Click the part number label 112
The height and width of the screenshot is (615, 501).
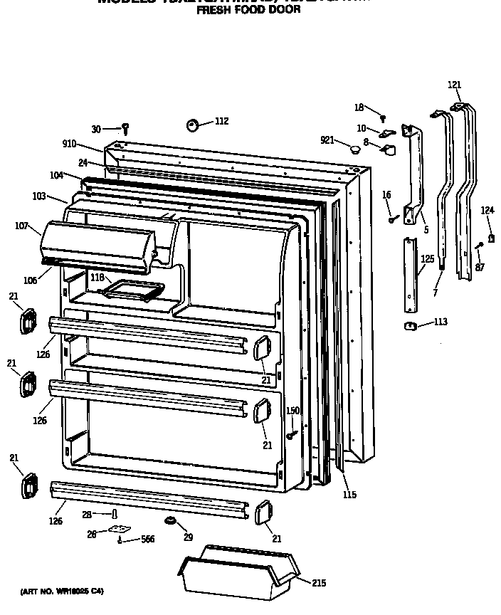click(x=221, y=121)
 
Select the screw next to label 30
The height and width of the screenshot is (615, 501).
click(x=125, y=129)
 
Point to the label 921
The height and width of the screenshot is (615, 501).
click(x=327, y=140)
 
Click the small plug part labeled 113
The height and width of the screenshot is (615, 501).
click(x=409, y=326)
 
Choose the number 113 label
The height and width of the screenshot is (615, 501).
click(x=441, y=322)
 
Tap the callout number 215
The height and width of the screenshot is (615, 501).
click(x=319, y=583)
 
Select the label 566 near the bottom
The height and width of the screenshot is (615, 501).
click(x=147, y=540)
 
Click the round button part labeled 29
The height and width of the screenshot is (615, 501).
click(x=170, y=523)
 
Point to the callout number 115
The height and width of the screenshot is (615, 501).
click(x=349, y=495)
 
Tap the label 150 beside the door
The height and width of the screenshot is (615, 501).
click(x=292, y=411)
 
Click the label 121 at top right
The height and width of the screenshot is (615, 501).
click(x=454, y=85)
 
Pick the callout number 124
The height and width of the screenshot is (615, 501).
click(x=487, y=210)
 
